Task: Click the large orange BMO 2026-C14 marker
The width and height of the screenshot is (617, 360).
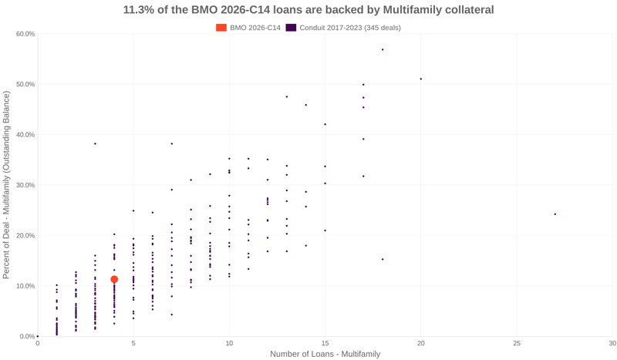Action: pyautogui.click(x=114, y=280)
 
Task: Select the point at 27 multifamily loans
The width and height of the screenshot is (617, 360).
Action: pyautogui.click(x=555, y=214)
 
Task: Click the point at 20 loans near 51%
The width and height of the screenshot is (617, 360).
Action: pyautogui.click(x=420, y=79)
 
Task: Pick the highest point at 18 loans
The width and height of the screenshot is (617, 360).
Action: pyautogui.click(x=383, y=49)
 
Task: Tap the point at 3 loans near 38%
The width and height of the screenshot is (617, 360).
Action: pyautogui.click(x=95, y=144)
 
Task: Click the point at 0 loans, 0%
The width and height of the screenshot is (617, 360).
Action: pyautogui.click(x=38, y=336)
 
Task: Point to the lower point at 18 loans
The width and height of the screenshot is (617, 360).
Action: pyautogui.click(x=383, y=259)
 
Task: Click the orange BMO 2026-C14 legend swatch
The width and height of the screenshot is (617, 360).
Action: pyautogui.click(x=221, y=28)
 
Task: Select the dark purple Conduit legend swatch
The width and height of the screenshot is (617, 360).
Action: pyautogui.click(x=291, y=28)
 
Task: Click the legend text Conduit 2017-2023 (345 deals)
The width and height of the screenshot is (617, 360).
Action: pyautogui.click(x=349, y=28)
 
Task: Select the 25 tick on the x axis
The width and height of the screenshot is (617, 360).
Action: pyautogui.click(x=517, y=343)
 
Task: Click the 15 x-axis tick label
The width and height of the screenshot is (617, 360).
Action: pyautogui.click(x=325, y=343)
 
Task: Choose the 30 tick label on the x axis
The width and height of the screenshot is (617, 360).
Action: pyautogui.click(x=612, y=343)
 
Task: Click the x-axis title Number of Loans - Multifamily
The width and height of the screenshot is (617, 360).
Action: pyautogui.click(x=325, y=354)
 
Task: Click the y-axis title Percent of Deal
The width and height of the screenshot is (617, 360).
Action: pyautogui.click(x=7, y=185)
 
